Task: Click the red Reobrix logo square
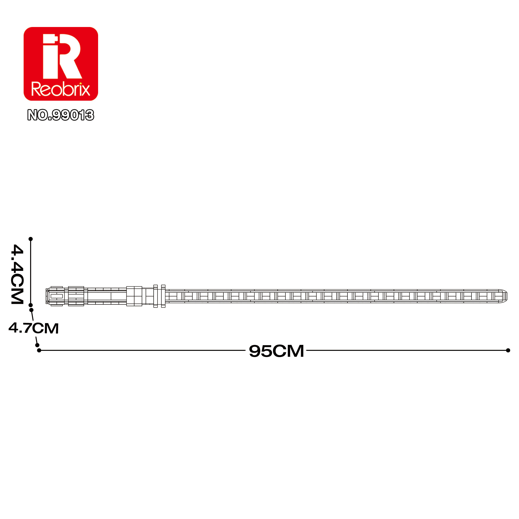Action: point(61,64)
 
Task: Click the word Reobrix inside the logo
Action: point(61,89)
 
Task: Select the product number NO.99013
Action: point(61,115)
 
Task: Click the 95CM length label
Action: point(276,351)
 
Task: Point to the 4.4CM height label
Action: point(17,274)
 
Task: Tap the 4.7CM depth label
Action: point(33,328)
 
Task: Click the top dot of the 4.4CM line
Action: point(31,239)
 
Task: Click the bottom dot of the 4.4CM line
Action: point(31,305)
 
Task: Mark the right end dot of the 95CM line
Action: point(508,350)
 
